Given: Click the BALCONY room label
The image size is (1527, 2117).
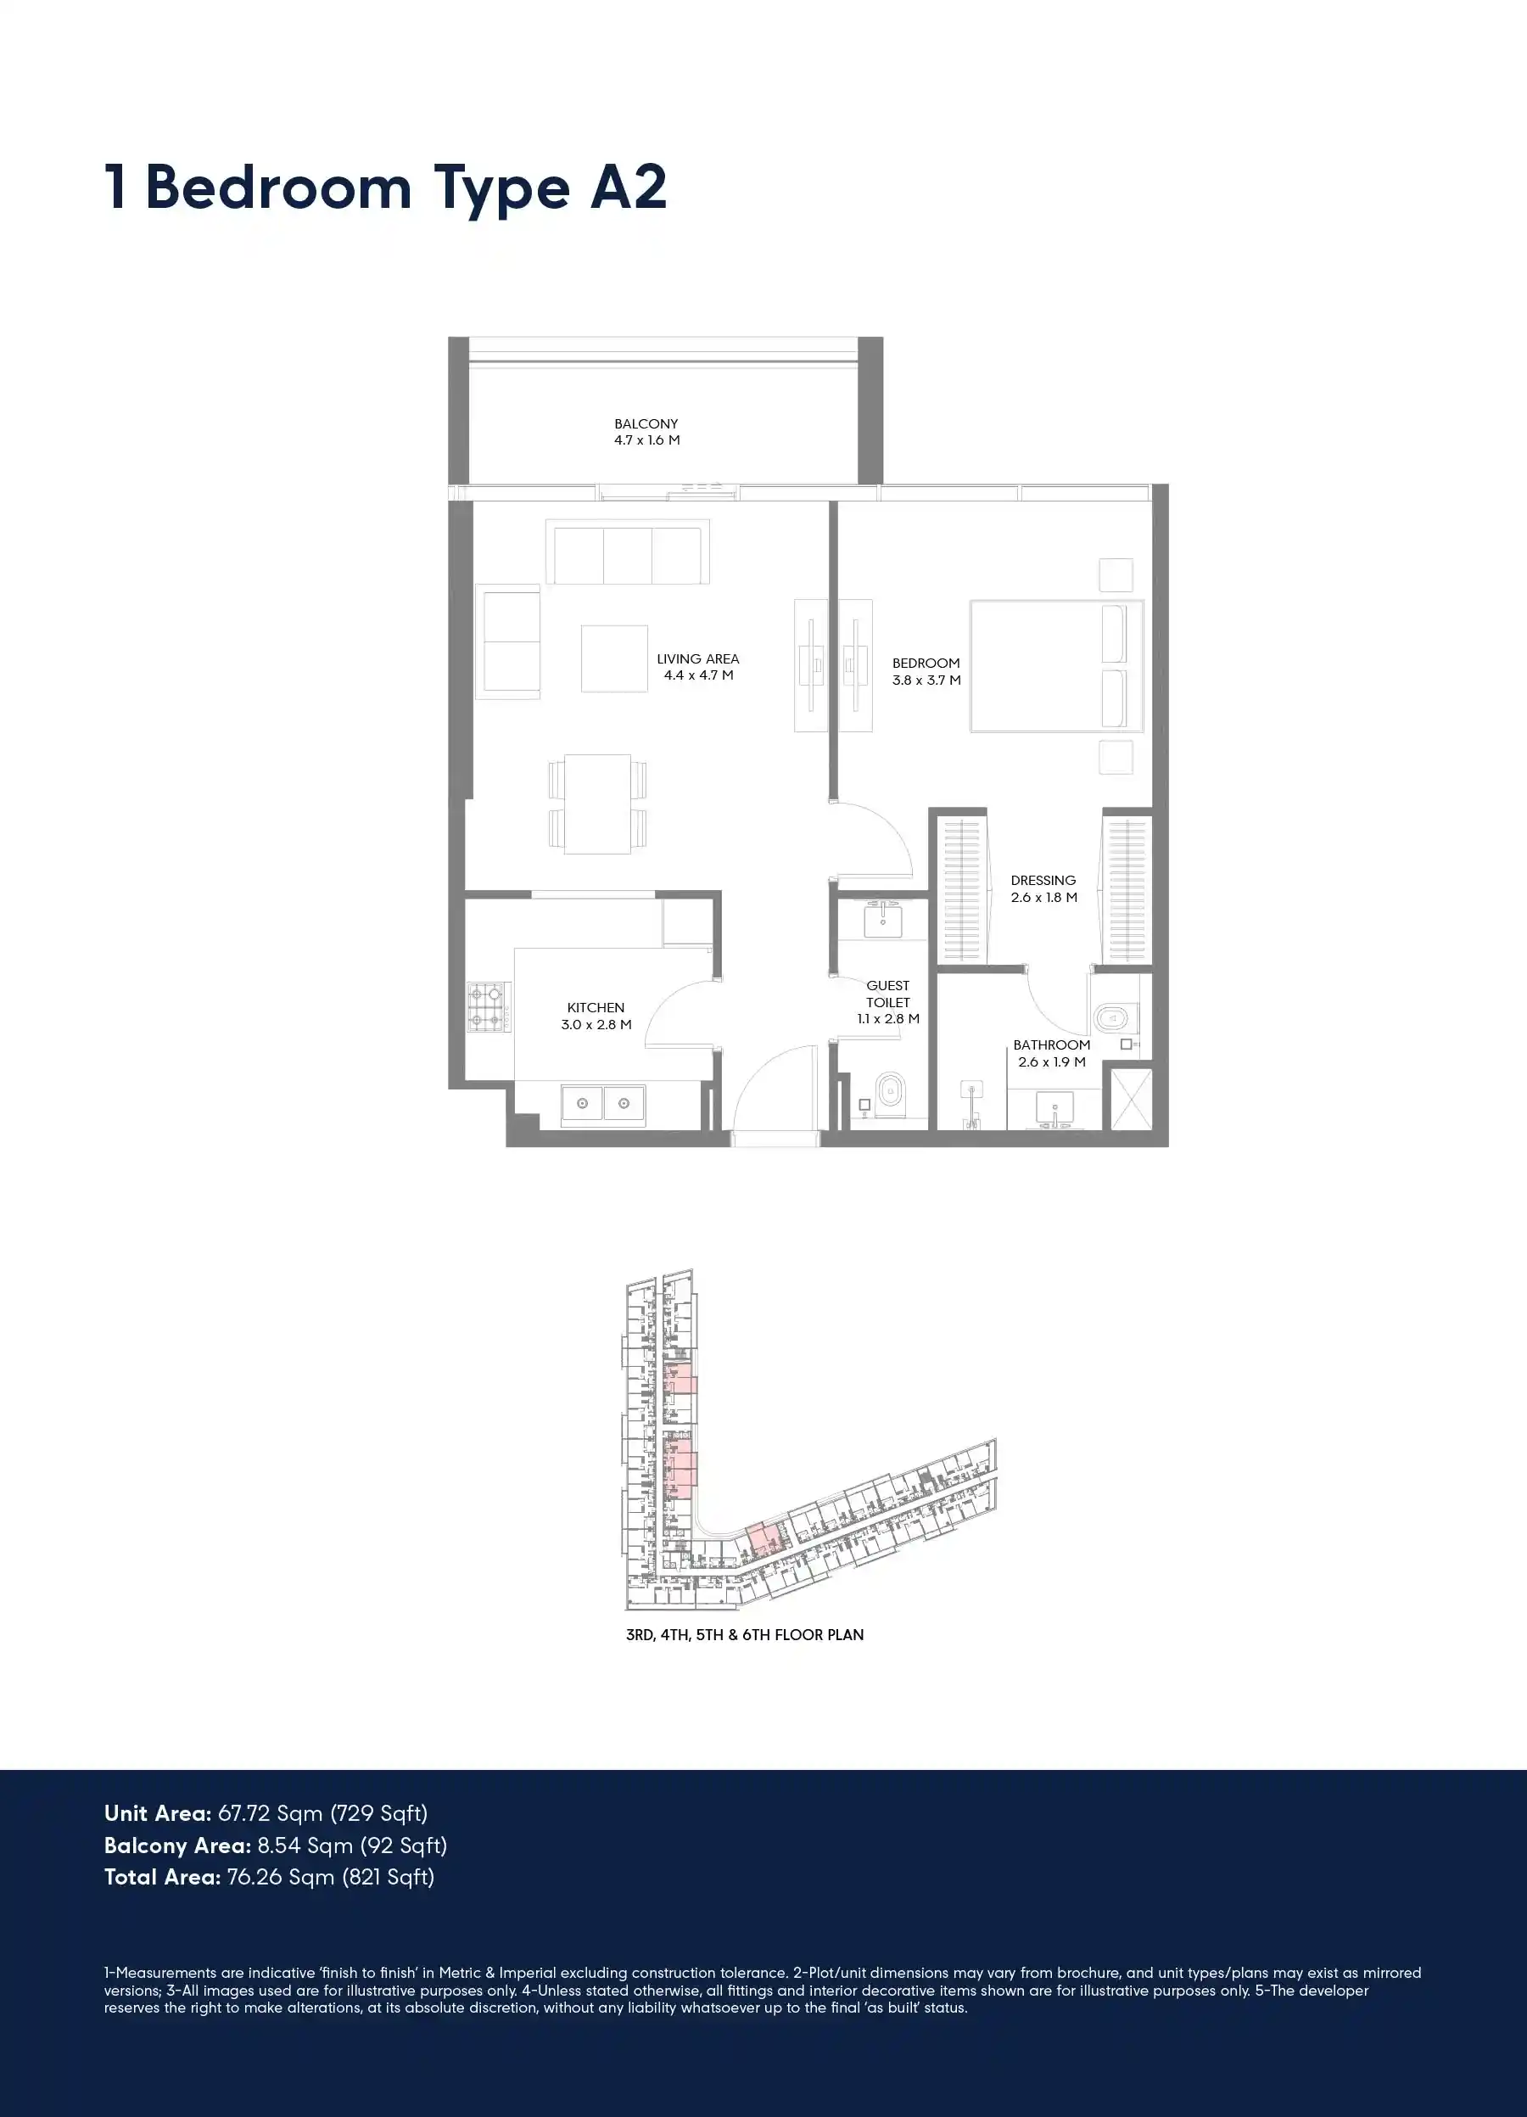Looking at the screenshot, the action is (x=646, y=423).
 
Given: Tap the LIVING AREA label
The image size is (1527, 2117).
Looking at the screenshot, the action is (x=697, y=659).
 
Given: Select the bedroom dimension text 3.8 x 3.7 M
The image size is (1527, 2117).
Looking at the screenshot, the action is (x=926, y=680).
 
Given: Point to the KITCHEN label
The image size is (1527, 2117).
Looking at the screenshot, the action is (x=596, y=1008).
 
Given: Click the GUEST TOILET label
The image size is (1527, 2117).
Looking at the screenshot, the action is (x=887, y=994).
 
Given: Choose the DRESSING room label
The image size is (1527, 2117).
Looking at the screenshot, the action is (x=1043, y=880).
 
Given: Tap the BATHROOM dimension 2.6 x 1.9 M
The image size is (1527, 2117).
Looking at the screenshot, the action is (x=1052, y=1062).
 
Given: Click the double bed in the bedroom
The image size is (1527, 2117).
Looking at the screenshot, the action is (x=1056, y=665).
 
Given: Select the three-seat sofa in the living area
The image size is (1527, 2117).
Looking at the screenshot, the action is (x=627, y=552).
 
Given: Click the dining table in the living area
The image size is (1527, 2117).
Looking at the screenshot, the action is (x=597, y=804).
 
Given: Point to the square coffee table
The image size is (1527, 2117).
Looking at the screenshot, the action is (x=614, y=658).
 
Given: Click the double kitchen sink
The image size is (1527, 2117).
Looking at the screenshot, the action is (x=603, y=1103).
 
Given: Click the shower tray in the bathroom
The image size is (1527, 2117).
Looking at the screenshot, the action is (x=1127, y=1099).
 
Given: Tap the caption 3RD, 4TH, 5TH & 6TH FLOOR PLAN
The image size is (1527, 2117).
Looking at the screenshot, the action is (x=745, y=1634).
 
